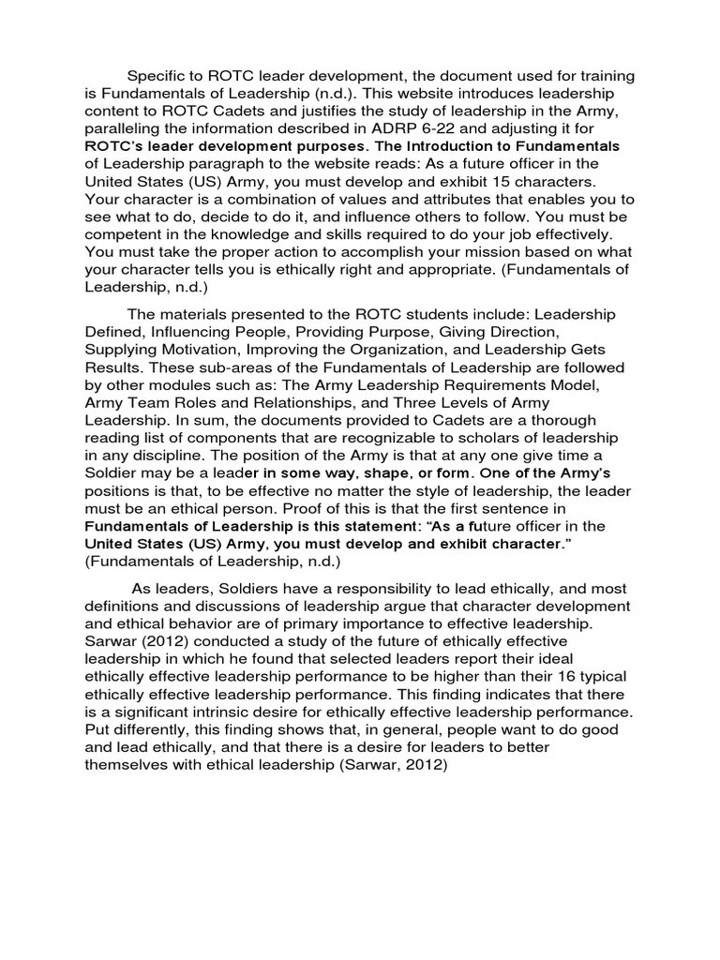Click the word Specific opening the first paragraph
pyautogui.click(x=157, y=75)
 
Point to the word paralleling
pyautogui.click(x=127, y=128)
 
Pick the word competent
pyautogui.click(x=126, y=235)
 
